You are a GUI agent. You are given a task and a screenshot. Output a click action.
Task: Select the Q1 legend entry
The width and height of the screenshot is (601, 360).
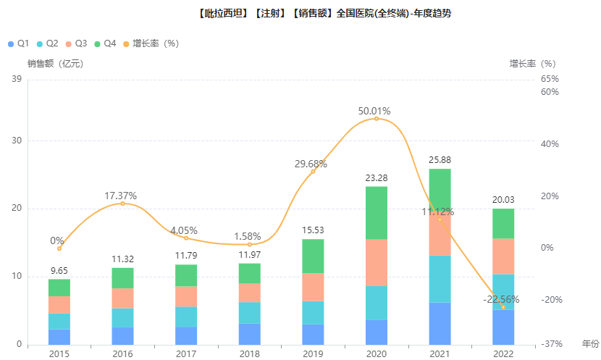point(18,43)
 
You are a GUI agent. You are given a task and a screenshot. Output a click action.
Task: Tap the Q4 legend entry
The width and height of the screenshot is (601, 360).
point(105,43)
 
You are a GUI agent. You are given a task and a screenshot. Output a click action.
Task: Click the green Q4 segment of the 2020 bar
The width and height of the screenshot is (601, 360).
point(377,213)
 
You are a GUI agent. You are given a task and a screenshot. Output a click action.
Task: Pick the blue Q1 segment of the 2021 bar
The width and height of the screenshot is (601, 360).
point(440,323)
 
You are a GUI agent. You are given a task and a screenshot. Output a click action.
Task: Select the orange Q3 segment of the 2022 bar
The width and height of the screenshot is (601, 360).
point(503,256)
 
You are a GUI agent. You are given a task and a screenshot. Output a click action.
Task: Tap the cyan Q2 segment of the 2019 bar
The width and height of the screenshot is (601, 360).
point(313,312)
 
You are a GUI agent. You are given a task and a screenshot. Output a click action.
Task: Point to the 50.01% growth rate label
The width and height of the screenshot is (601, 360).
point(374,112)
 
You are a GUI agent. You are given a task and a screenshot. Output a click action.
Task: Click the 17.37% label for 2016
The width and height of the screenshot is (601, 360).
point(120,196)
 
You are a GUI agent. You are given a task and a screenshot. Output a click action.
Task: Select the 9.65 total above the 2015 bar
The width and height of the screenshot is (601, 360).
point(59,272)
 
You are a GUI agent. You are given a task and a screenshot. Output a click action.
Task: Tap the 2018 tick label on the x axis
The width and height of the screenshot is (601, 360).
point(250,353)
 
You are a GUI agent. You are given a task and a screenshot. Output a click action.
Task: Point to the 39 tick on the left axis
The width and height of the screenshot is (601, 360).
point(17,79)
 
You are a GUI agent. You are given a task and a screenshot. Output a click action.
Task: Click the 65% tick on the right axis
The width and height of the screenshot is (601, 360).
point(550,79)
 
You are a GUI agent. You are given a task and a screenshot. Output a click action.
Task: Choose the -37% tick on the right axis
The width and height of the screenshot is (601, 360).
point(552,344)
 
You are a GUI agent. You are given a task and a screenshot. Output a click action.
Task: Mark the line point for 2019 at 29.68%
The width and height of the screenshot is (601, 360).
point(313,171)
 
